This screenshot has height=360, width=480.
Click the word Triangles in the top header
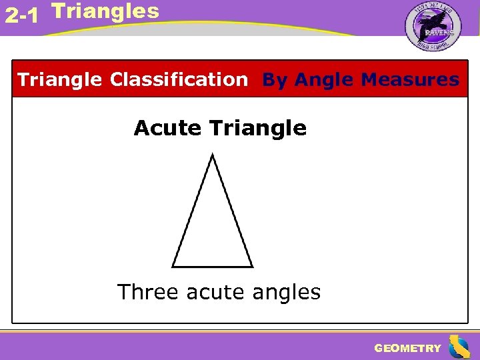[105, 11]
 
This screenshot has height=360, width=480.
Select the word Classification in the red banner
[179, 80]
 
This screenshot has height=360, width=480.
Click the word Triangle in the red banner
[60, 80]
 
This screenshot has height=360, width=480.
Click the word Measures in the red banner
[410, 80]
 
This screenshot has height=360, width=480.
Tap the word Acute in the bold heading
[168, 127]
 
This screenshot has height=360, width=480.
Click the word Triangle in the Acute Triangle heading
[258, 127]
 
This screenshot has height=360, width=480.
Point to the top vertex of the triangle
[211, 155]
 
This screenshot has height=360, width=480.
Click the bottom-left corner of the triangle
[173, 266]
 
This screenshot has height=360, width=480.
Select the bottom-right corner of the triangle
[252, 266]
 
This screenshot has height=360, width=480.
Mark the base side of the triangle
[213, 267]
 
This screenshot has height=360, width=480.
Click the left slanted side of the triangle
[192, 211]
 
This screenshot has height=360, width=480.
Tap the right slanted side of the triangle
[232, 211]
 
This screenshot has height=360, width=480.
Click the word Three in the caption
[149, 292]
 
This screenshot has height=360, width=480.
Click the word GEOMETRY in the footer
[407, 348]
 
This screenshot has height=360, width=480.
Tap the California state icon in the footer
[459, 347]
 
